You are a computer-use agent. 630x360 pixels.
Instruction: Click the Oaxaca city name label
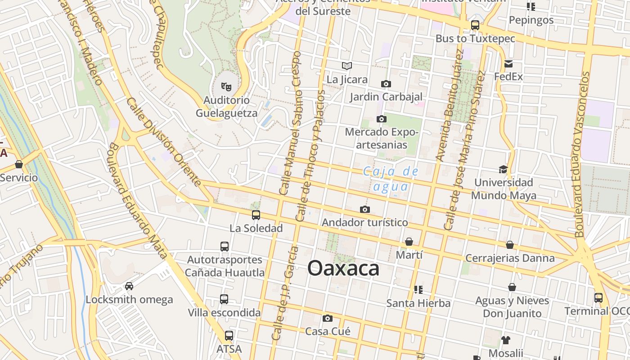[343, 269]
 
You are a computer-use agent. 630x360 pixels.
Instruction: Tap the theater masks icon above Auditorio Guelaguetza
[226, 85]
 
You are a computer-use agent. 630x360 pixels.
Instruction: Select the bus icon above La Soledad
[256, 215]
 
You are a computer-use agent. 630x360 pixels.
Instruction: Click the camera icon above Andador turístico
[365, 210]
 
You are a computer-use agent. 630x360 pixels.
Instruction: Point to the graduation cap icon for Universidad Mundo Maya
[503, 169]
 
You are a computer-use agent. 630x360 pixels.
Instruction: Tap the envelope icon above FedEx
[508, 63]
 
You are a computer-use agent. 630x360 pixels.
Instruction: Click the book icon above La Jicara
[346, 66]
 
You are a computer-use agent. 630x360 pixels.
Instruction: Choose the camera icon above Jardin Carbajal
[386, 84]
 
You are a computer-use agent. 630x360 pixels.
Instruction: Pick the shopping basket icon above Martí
[409, 242]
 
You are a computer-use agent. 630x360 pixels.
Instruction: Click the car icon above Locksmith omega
[129, 286]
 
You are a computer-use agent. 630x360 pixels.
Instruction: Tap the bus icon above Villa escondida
[224, 299]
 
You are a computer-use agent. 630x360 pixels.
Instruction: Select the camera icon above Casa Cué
[328, 319]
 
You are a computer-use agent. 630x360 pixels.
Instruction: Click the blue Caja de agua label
[391, 179]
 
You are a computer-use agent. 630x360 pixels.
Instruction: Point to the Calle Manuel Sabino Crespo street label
[290, 123]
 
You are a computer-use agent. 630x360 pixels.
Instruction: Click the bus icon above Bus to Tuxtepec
[475, 25]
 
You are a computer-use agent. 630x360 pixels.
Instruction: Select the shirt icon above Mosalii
[506, 340]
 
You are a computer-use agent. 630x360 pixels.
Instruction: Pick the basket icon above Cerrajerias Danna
[510, 245]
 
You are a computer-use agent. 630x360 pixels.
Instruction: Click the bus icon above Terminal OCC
[598, 298]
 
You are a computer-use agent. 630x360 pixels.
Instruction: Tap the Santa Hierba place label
[418, 303]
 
